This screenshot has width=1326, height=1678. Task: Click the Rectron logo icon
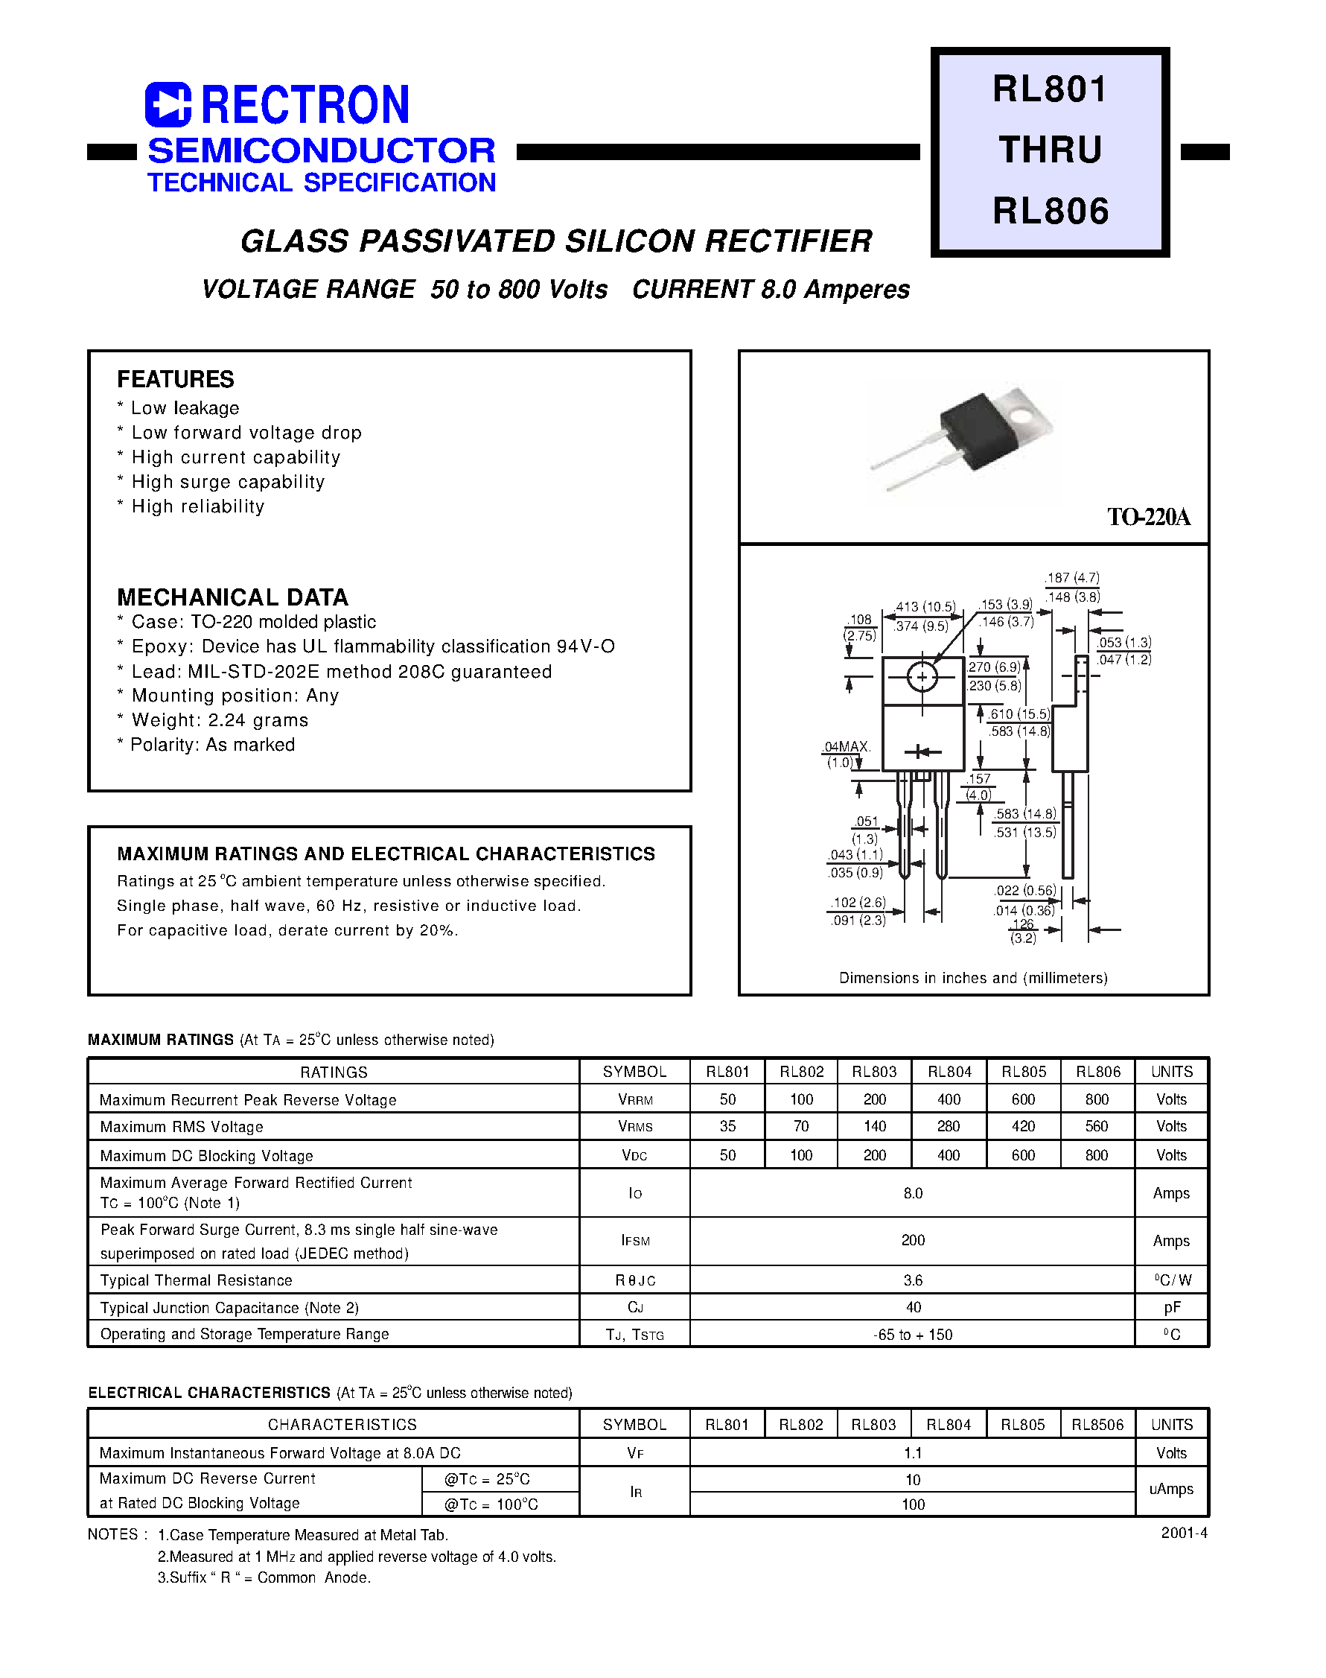pos(168,104)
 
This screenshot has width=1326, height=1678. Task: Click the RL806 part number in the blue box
pos(1051,212)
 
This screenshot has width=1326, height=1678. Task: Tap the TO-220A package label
pos(1148,517)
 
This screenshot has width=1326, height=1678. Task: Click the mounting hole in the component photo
pos(1023,416)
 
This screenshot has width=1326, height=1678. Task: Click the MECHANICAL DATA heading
pos(232,597)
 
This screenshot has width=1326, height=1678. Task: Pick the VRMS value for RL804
pos(948,1127)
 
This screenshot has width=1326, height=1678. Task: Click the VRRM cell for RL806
pos(1096,1099)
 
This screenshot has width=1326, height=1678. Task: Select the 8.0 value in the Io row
pos(912,1193)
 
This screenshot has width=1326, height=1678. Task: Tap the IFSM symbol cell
pos(635,1241)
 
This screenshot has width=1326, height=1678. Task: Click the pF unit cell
pos(1171,1308)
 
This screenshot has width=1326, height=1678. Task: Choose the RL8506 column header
pos(1097,1425)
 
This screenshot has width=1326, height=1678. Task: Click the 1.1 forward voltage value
pos(912,1453)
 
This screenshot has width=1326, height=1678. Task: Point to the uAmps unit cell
pos(1171,1490)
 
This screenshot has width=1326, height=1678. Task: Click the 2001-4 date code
pos(1184,1533)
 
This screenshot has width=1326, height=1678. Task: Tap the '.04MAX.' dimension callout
pos(847,747)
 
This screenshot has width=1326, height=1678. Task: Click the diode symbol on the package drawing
pos(922,751)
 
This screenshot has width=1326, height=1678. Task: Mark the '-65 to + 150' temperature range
pos(912,1335)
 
